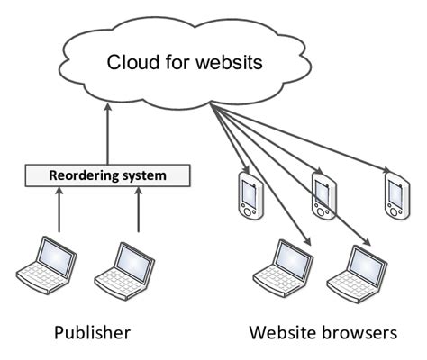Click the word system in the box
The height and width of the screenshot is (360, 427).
click(142, 175)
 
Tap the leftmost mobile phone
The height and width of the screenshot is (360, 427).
click(248, 197)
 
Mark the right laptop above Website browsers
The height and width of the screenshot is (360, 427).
click(355, 268)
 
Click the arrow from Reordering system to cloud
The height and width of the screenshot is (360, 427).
click(106, 135)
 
